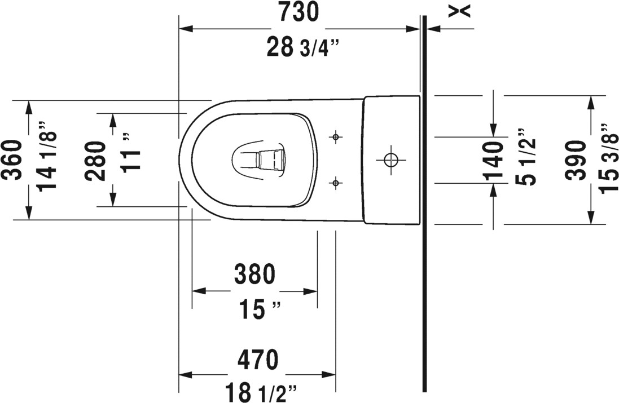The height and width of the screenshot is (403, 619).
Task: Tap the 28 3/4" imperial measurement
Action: click(302, 48)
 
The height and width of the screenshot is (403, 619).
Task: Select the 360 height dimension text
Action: click(12, 160)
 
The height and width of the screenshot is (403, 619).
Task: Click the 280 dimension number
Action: click(96, 160)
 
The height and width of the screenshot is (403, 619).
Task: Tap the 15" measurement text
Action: click(258, 309)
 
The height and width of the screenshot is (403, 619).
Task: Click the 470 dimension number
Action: click(257, 358)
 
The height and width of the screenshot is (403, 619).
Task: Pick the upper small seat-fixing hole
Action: click(336, 136)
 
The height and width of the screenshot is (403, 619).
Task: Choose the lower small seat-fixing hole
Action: click(336, 182)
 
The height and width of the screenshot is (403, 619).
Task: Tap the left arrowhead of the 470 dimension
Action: click(184, 375)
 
